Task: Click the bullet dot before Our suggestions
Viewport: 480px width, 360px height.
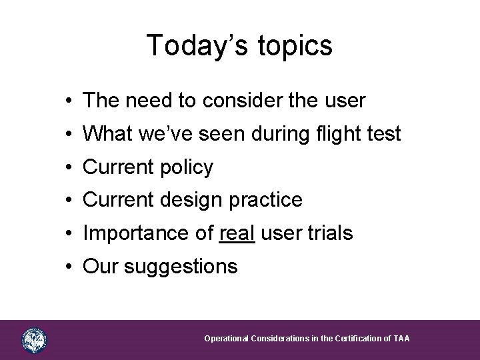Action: [70, 267]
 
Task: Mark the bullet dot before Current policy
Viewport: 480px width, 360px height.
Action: [70, 167]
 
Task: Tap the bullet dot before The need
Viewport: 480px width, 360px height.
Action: [70, 101]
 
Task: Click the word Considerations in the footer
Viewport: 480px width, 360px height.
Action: [280, 339]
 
